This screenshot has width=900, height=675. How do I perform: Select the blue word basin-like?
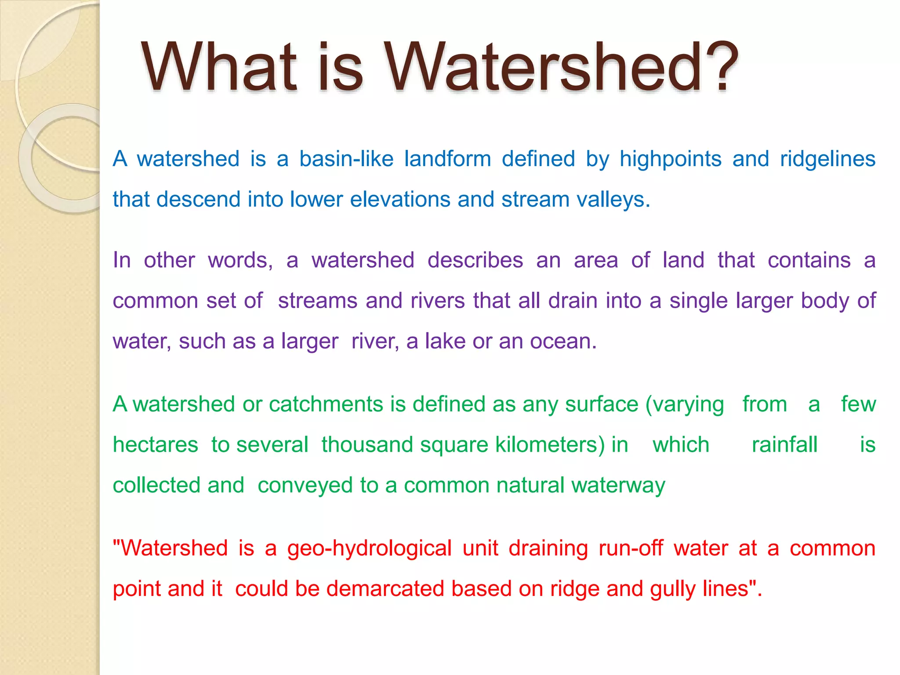click(346, 159)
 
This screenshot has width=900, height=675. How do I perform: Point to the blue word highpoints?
click(670, 159)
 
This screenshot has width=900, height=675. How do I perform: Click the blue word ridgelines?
click(827, 159)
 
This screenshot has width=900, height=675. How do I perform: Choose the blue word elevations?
click(400, 200)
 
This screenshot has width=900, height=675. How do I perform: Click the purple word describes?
click(475, 261)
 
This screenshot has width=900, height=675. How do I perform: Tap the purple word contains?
click(809, 261)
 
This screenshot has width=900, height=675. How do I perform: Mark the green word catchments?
click(326, 404)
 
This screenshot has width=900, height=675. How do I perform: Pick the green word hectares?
click(156, 445)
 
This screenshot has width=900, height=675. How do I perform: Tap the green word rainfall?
click(784, 445)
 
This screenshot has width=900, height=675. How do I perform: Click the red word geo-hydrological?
click(369, 549)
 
